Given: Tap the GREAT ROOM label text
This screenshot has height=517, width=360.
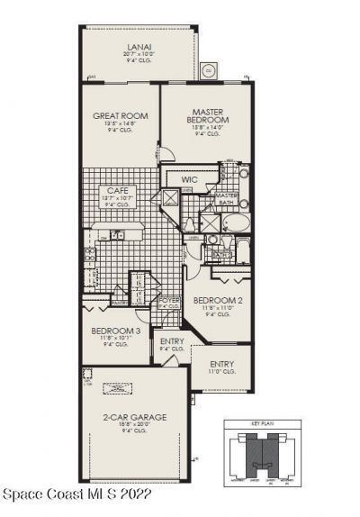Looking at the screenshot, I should click(x=120, y=116).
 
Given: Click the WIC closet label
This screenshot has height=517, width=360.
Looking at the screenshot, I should click(x=189, y=180).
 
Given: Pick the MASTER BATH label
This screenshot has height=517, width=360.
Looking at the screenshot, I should click(x=226, y=200).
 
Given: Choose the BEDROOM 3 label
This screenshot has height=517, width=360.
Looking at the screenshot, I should click(x=114, y=331).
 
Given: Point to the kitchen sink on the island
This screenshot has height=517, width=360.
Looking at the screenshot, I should click(x=117, y=236).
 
